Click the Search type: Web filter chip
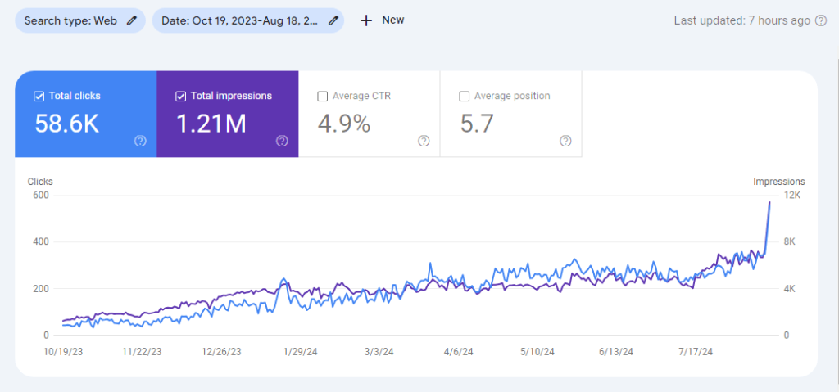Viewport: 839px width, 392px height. pos(80,20)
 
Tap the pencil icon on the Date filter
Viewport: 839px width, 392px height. pos(333,20)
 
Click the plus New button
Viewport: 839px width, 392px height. pos(382,20)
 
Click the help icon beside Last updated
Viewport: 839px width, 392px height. pos(820,20)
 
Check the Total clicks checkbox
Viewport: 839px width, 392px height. pos(39,97)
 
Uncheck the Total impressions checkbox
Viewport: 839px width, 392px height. pos(180,97)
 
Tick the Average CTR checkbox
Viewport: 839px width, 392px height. pos(322,97)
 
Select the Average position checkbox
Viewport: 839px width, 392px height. pos(464,97)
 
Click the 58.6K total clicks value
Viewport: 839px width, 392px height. pos(67,124)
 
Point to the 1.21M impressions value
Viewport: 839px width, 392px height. pos(211,124)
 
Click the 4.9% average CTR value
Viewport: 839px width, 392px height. pos(344,124)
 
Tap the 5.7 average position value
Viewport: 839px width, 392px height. pos(477,124)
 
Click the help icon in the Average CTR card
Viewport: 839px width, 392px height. pos(424,141)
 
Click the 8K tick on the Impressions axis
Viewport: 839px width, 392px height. pos(789,241)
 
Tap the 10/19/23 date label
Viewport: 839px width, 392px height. pos(63,351)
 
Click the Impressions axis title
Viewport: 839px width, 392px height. pos(779,182)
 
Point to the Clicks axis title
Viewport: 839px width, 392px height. pos(40,182)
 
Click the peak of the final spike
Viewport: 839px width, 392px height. pos(769,202)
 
